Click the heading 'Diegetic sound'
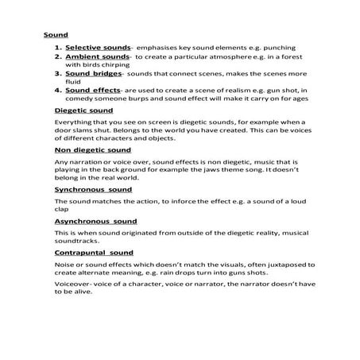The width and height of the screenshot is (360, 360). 83,111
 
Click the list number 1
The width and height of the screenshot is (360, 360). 58,48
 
